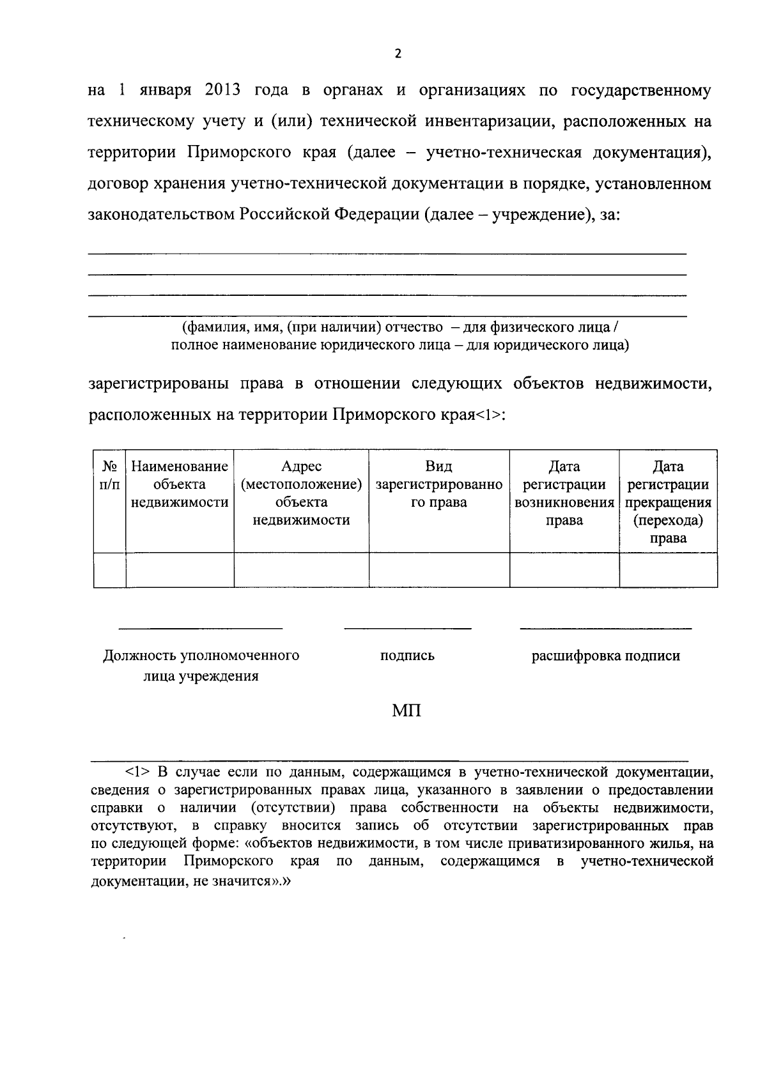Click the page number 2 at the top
[398, 54]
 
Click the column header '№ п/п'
[109, 475]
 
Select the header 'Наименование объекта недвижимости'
[180, 484]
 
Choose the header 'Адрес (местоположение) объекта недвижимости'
[301, 493]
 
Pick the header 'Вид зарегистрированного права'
[438, 484]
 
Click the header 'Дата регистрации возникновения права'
[564, 493]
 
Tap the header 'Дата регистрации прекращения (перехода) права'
[668, 502]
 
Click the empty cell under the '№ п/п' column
[109, 570]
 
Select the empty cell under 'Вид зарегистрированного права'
[438, 570]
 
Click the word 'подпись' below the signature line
[407, 656]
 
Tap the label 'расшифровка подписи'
[605, 656]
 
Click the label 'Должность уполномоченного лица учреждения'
[201, 665]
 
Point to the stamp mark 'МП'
[407, 711]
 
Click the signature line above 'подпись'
[407, 628]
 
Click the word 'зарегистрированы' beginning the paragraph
[158, 384]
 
